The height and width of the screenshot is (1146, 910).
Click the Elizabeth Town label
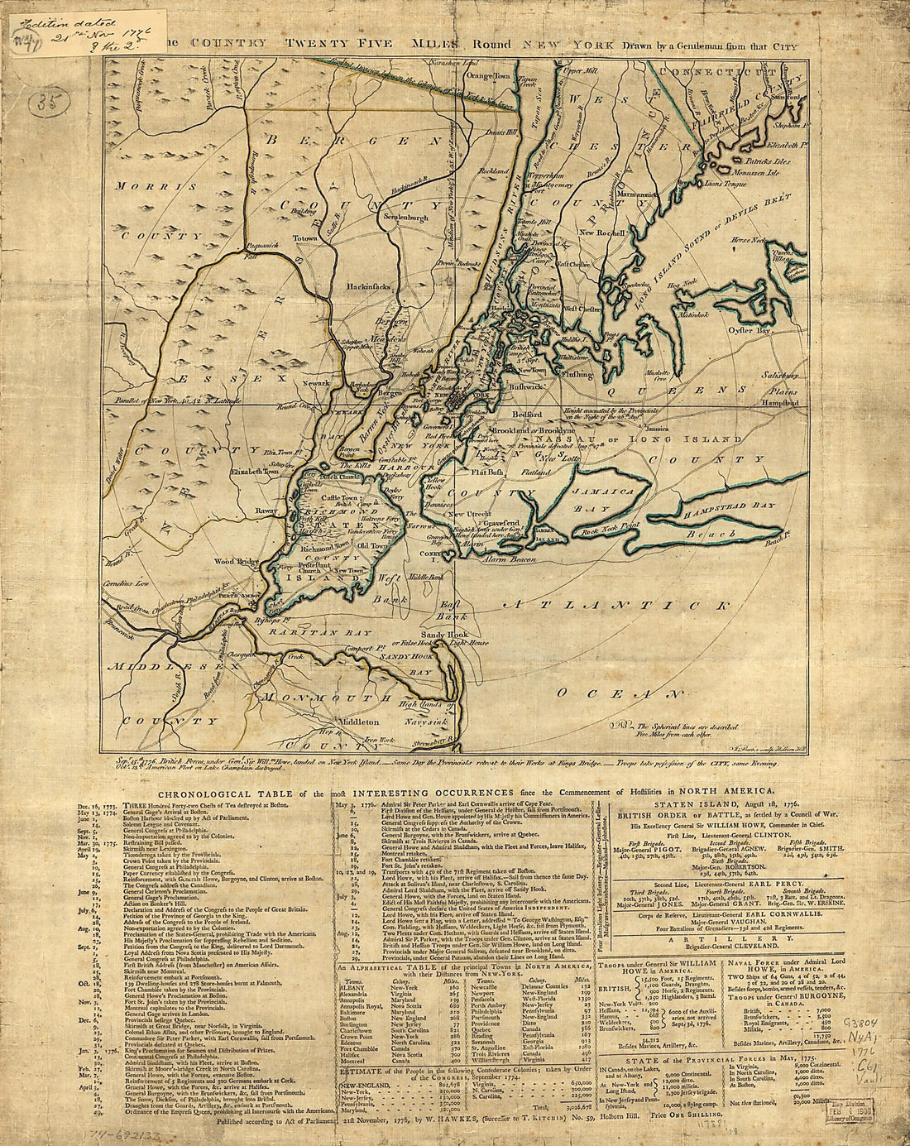coord(256,471)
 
